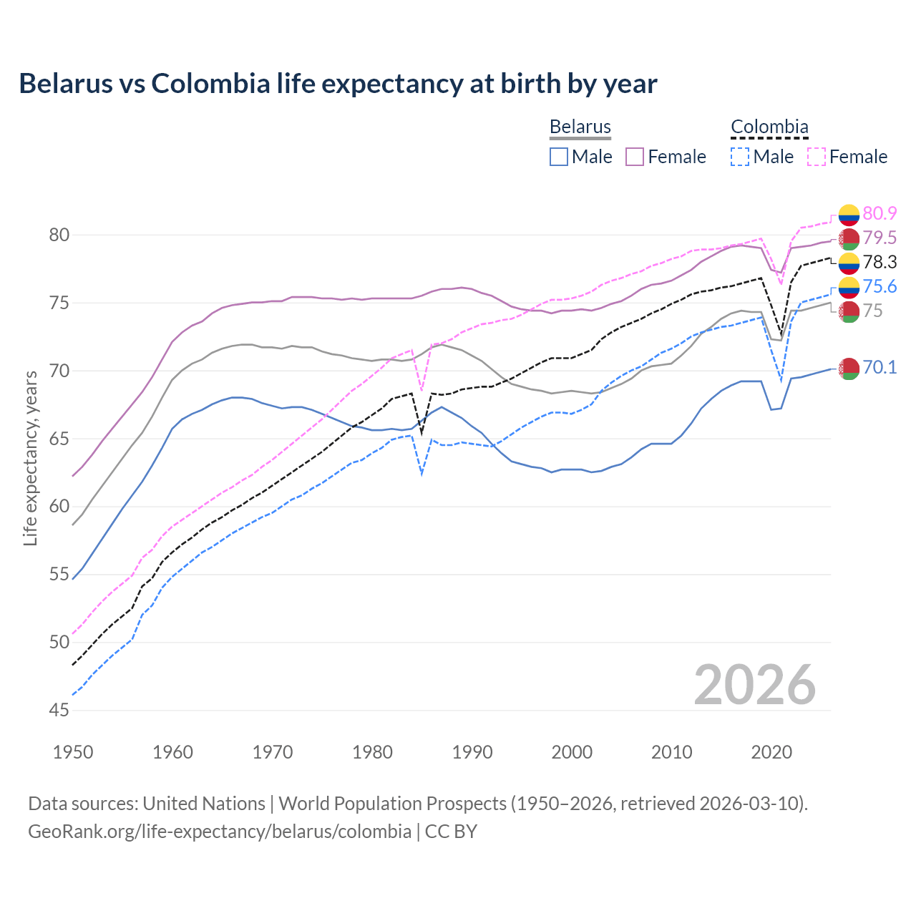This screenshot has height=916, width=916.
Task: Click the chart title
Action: pos(338,84)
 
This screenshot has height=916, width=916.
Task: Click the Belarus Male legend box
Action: pos(559,157)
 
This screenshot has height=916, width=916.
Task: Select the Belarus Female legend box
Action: pos(635,157)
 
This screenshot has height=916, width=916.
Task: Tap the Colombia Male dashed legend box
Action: pos(740,157)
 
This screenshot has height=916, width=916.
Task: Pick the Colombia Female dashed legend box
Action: pos(817,157)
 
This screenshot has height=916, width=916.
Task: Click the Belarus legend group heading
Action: pos(580,127)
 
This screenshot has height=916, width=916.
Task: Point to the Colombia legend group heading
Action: pos(769,127)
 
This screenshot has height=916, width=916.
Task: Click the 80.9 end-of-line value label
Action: pos(880,213)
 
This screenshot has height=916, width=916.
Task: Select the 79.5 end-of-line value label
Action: pos(880,238)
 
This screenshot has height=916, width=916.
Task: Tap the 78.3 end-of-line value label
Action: pos(880,262)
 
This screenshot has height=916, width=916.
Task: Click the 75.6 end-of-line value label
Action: pos(880,286)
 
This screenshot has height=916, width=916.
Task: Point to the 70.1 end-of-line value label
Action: pos(880,367)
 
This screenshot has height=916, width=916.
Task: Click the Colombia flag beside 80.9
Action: pos(849,214)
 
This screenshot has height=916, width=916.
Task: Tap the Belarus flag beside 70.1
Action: pos(849,369)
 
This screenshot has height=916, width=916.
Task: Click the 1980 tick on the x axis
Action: pos(373,752)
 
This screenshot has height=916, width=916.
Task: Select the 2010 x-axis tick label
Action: pos(672,752)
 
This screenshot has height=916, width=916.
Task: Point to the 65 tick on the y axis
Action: pos(59,439)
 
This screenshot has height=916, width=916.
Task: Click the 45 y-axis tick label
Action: pos(59,710)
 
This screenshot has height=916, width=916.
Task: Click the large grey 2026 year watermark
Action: pos(755,685)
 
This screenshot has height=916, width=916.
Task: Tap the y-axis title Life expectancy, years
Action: pos(30,458)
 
